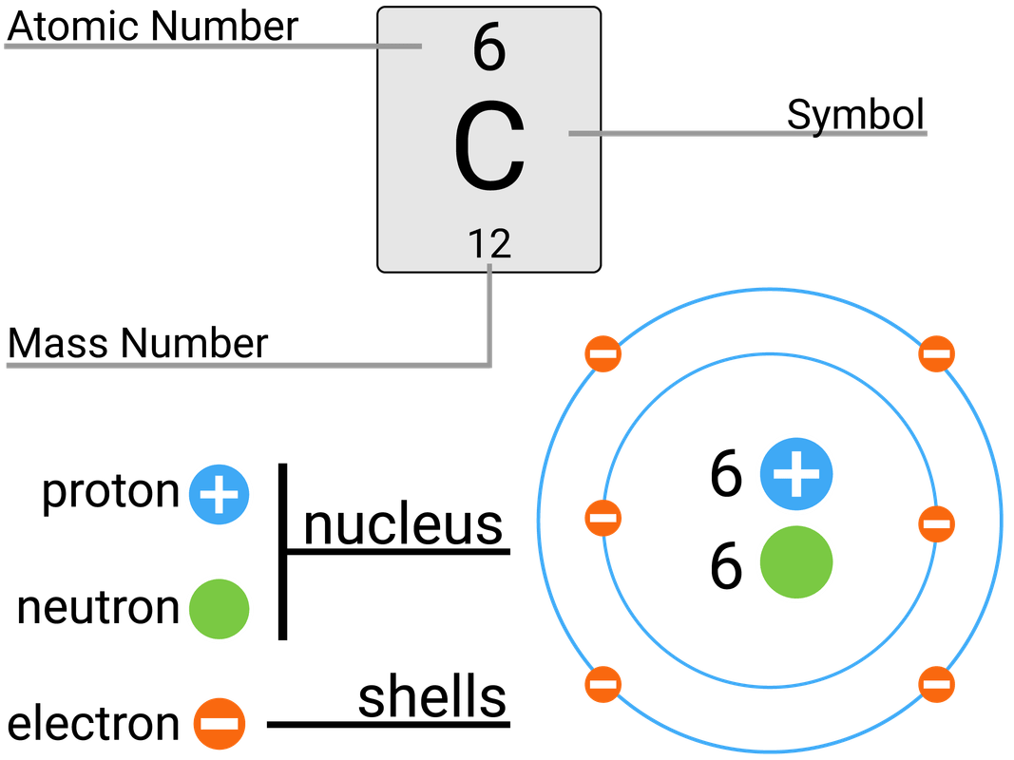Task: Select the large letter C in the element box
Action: point(488,147)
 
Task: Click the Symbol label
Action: point(855,115)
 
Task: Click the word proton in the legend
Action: point(110,492)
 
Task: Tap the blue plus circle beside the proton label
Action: point(219,495)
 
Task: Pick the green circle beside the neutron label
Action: point(219,608)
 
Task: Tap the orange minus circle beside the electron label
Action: point(220,724)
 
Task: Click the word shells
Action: point(431,699)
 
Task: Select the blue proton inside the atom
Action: point(796,473)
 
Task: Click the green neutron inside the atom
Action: point(796,561)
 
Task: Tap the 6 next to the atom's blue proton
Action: point(726,473)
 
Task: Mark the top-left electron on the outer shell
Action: point(603,354)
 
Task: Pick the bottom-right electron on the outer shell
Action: point(935,682)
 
